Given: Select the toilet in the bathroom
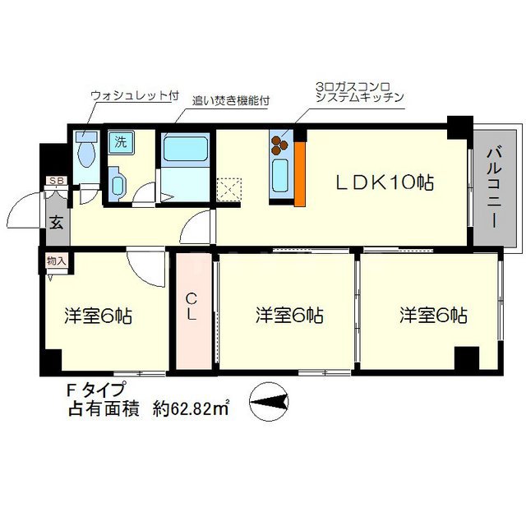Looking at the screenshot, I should tap(85, 150).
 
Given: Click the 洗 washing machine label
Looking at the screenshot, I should tap(120, 141).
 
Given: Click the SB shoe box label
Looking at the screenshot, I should tap(56, 181).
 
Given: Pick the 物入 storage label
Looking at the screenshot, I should tap(57, 261).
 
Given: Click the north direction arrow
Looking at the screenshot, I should tap(268, 400).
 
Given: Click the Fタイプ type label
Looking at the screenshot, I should tap(97, 390).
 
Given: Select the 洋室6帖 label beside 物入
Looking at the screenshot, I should tap(99, 315).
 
